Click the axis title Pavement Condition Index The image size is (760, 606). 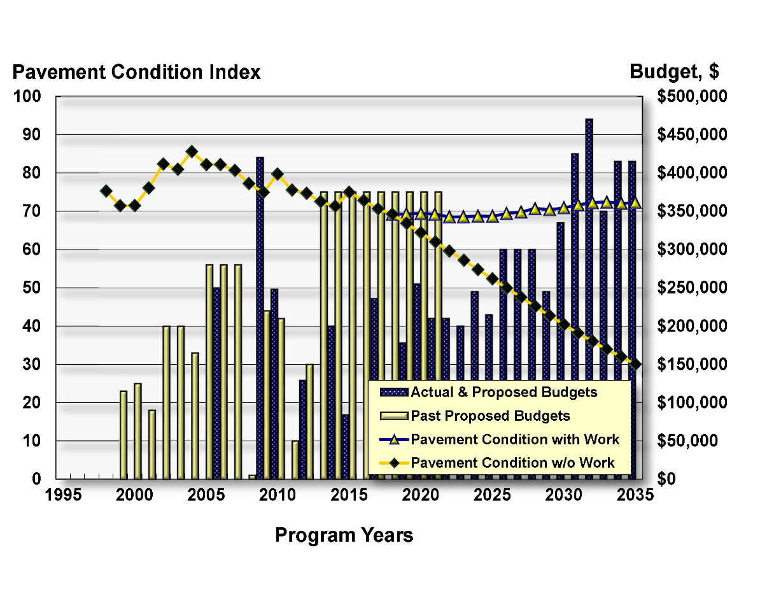[136, 72]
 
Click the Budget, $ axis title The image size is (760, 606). [674, 72]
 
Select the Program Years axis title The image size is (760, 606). [344, 535]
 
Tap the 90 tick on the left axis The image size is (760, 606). [32, 135]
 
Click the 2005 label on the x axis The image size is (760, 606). [205, 495]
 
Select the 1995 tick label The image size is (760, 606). [63, 495]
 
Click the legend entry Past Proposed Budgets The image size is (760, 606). [490, 416]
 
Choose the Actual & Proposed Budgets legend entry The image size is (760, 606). [503, 392]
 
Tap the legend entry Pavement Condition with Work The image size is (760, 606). [514, 439]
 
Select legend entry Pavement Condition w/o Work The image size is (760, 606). [512, 462]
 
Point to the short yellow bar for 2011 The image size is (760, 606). [295, 460]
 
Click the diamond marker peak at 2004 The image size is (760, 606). [192, 151]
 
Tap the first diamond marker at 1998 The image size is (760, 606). [106, 191]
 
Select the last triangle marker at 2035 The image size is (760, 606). [635, 202]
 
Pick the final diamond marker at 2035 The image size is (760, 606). [635, 363]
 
